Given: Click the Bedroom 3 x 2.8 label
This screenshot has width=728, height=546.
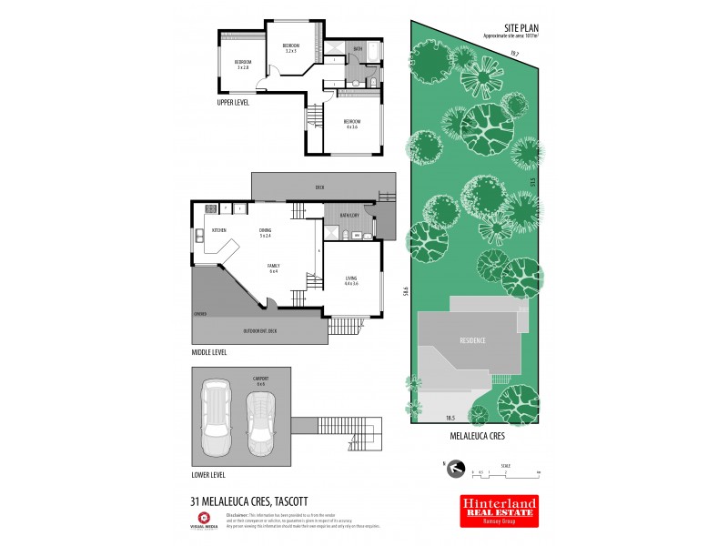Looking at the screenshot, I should [x=243, y=65].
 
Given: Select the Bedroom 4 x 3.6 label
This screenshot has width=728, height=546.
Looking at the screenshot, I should [x=352, y=124].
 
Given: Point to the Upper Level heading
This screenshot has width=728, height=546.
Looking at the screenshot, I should [x=233, y=103].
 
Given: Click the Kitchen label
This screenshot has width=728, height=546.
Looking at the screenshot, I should [x=219, y=231].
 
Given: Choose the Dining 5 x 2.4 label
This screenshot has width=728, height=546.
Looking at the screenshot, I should [x=265, y=234].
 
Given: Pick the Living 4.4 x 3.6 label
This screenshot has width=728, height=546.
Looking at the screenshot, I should [x=352, y=281].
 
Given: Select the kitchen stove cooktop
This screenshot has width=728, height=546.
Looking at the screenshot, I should [x=199, y=239].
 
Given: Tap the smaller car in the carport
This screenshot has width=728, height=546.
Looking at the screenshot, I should [x=260, y=423].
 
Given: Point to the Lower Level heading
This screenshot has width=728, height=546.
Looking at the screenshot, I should [x=208, y=475].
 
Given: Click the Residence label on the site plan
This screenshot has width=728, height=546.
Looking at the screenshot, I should [x=472, y=341].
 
